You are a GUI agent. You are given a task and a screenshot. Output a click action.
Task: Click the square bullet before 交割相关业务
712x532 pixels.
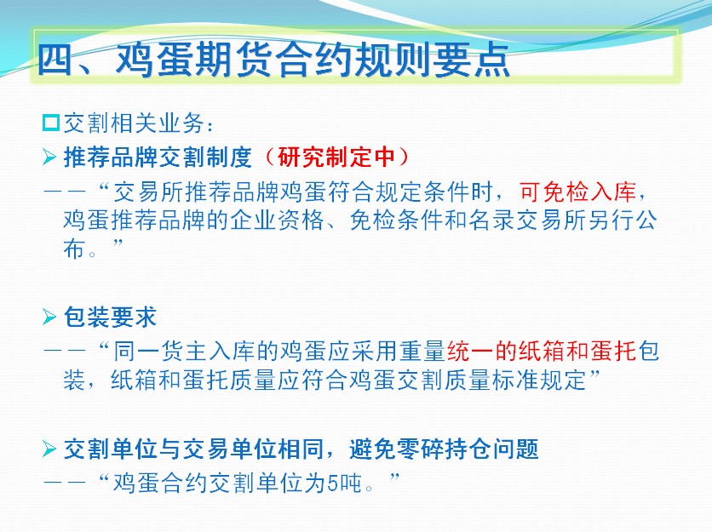tap(51, 123)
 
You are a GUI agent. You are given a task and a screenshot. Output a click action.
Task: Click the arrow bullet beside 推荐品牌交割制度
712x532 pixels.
tap(49, 157)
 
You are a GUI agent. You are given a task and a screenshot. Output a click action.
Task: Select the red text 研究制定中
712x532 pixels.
tap(336, 157)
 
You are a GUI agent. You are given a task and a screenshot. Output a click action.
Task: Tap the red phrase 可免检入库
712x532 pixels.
tap(578, 192)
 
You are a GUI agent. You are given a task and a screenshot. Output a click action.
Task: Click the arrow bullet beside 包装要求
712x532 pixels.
tap(49, 317)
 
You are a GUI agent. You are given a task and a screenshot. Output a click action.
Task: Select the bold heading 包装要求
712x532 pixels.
tap(111, 317)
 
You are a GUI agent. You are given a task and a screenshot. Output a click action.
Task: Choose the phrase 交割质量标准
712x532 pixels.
tap(420, 380)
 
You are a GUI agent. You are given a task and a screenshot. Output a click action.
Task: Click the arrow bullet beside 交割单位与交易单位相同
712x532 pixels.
tap(49, 449)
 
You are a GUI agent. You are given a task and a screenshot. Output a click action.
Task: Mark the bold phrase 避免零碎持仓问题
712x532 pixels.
tap(444, 449)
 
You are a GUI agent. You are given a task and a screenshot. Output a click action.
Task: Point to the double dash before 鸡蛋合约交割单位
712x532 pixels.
tap(65, 483)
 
